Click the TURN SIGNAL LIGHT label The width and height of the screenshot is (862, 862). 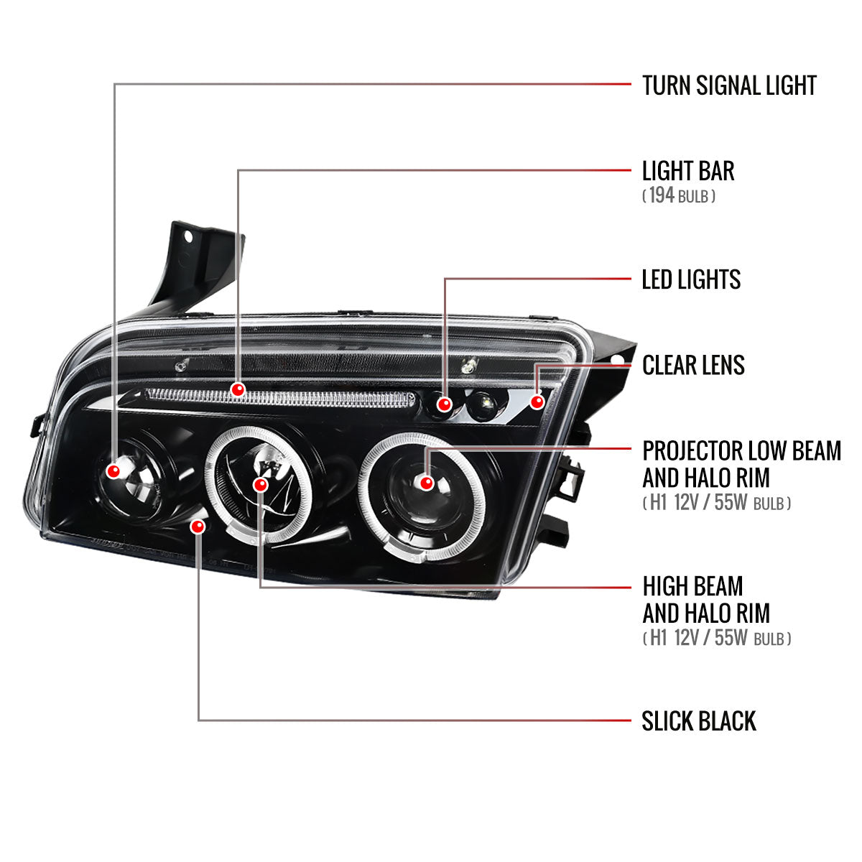coord(729,85)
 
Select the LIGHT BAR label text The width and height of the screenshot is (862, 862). coord(688,171)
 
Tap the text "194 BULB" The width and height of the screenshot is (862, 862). coord(678,195)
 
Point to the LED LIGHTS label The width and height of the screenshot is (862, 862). coord(691,279)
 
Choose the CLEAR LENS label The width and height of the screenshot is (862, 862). coord(693,365)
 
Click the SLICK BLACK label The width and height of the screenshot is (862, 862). coord(699,720)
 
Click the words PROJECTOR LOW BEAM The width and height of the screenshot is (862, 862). coord(741,451)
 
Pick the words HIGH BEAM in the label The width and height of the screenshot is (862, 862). coord(692,586)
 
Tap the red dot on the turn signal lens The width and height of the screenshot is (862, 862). coord(113,471)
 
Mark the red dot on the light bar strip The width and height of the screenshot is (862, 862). coord(238,390)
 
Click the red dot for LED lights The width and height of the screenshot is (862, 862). coord(445,405)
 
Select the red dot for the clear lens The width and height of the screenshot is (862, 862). coord(537,401)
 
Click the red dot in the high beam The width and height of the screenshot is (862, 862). coord(261,485)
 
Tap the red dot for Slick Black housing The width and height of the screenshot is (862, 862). coord(198,527)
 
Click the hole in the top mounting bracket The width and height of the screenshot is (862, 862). coord(189,236)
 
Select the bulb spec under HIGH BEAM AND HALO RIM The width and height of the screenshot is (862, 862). coord(716,638)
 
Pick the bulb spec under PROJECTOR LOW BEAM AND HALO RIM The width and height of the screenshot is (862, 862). coord(716,503)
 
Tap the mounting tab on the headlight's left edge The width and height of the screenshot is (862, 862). coord(37,425)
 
